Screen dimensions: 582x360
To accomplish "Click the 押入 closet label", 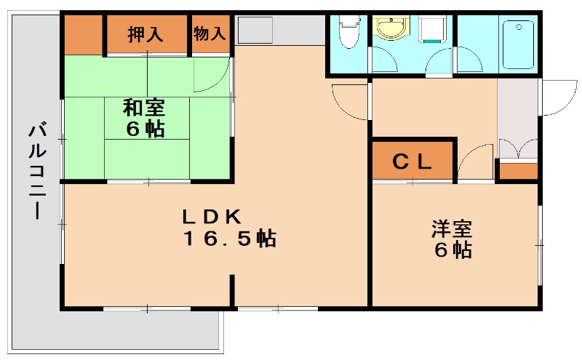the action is click(145, 34).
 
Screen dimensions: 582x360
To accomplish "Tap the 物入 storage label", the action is click(210, 33).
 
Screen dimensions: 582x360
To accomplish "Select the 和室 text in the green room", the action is click(144, 108).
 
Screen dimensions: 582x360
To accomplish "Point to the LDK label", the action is click(212, 217).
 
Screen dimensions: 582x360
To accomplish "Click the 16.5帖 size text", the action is click(230, 239).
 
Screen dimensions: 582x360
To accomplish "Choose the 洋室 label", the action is click(452, 228).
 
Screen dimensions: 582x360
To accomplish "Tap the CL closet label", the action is click(412, 161).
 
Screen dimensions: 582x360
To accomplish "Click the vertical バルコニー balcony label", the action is click(38, 172).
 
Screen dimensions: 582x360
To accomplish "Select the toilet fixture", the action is click(349, 31).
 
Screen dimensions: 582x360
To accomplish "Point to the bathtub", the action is click(519, 44).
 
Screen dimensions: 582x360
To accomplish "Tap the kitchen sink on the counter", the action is click(255, 31).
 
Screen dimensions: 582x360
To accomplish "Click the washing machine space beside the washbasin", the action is click(431, 31).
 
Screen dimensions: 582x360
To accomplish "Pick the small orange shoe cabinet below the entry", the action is click(518, 172).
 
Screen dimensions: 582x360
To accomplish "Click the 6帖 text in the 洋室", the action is click(453, 250).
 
